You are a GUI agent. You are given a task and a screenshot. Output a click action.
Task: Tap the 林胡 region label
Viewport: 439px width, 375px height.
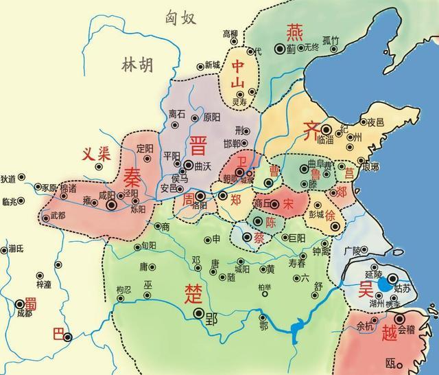click(137, 65)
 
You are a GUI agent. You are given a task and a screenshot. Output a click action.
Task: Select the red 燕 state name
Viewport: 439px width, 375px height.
click(294, 31)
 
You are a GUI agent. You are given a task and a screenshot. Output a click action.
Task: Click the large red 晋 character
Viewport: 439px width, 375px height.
click(198, 146)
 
